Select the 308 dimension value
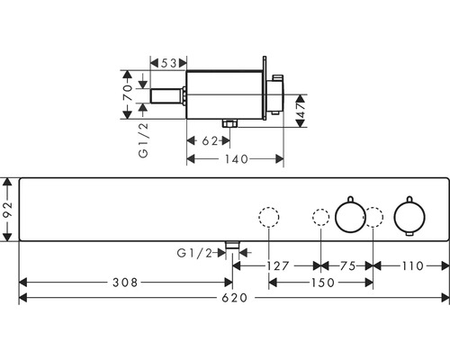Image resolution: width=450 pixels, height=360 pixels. point(126,283)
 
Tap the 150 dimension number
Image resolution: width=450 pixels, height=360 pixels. point(322,283)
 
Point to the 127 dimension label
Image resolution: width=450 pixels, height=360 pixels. point(280,265)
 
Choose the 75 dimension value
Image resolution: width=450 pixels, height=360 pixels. point(346,265)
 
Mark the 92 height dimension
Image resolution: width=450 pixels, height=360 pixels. point(7,209)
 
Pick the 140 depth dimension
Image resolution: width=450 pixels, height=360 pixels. point(237,158)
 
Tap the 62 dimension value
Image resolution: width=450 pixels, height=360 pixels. point(206,140)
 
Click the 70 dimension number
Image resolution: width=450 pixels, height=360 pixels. point(128,89)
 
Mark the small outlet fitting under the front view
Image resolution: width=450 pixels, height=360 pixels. point(232,244)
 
